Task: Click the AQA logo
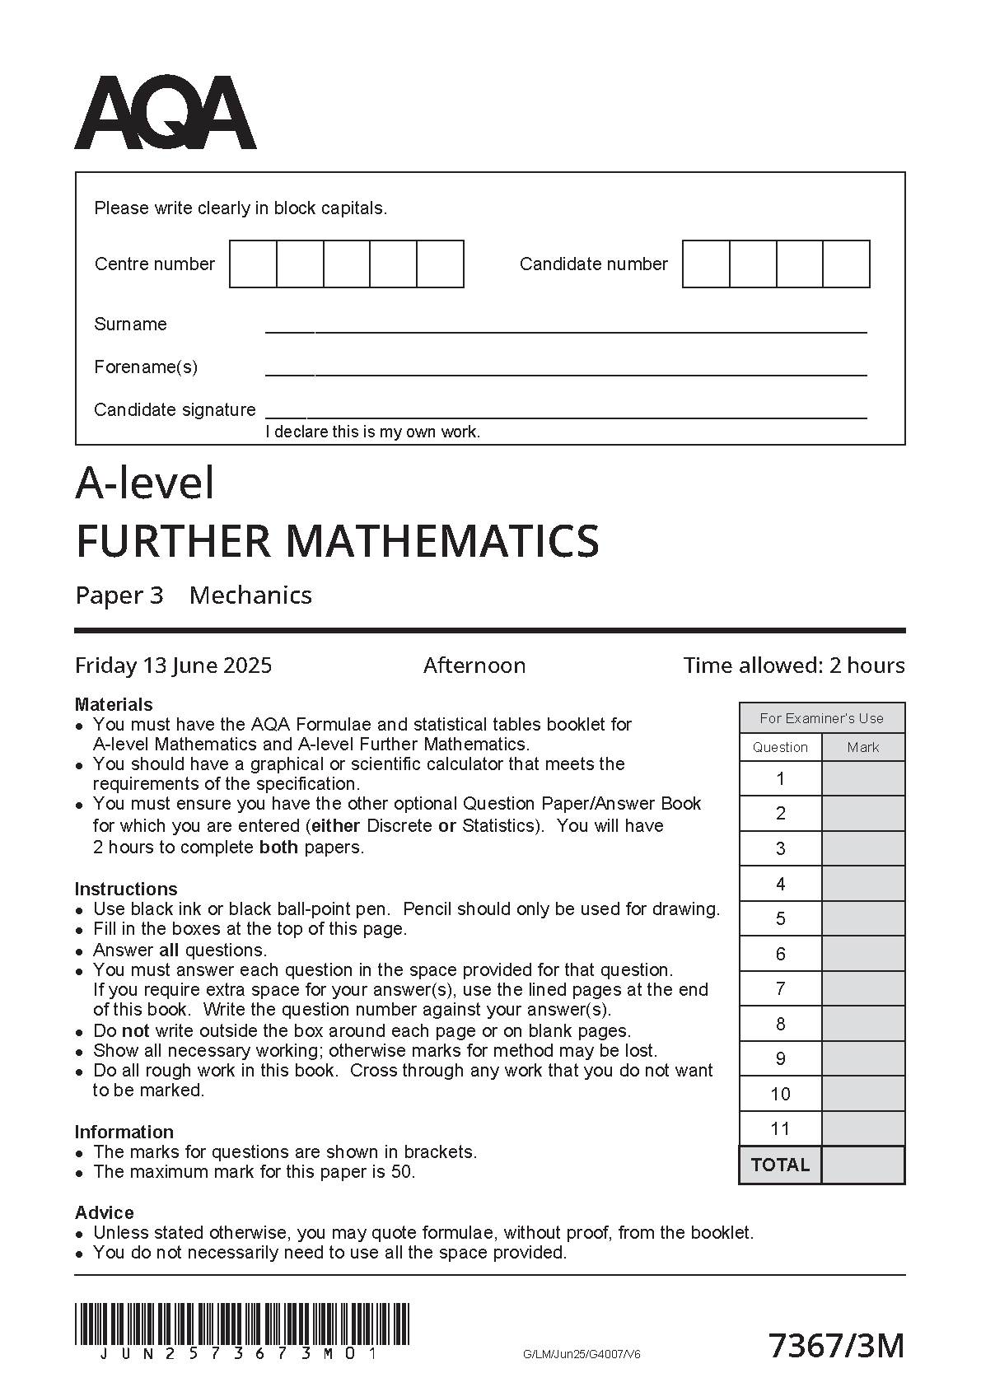166,113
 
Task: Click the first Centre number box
253,264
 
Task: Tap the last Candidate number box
846,264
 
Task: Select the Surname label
130,325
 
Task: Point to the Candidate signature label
175,410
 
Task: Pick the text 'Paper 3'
119,595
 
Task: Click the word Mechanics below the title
250,595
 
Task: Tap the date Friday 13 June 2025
173,665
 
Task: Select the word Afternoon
474,665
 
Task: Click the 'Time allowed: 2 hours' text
793,665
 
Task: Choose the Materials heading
114,705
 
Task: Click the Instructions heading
126,890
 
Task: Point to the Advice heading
104,1213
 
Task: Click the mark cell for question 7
862,989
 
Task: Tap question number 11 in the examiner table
780,1129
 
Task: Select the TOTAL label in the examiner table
780,1165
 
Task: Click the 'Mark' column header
862,748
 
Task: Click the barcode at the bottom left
241,1324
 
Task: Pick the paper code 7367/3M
836,1347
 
